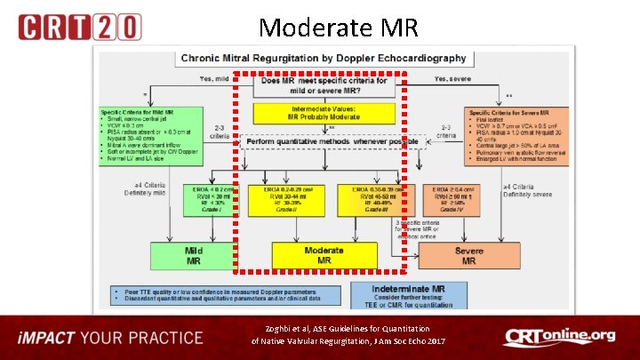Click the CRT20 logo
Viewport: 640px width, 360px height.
click(x=79, y=27)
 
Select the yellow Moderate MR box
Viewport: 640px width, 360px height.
click(x=323, y=254)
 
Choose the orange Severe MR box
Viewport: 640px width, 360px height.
click(x=468, y=255)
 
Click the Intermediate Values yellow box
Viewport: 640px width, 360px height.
click(x=323, y=113)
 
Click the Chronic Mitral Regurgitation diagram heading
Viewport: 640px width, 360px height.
click(x=324, y=59)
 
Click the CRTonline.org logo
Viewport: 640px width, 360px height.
click(x=560, y=338)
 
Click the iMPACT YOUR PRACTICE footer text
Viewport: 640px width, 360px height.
click(x=113, y=338)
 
